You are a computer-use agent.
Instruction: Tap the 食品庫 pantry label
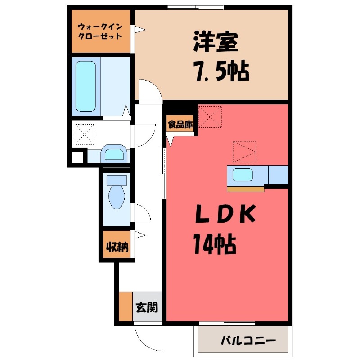(x=180, y=124)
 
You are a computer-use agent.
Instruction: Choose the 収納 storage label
(x=117, y=247)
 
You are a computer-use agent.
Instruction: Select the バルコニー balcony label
(x=247, y=341)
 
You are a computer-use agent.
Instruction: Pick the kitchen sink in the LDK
(x=243, y=175)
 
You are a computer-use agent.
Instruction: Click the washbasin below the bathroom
(x=114, y=154)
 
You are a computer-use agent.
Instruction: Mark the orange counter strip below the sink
(x=245, y=189)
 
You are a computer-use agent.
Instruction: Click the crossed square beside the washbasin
(x=85, y=134)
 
